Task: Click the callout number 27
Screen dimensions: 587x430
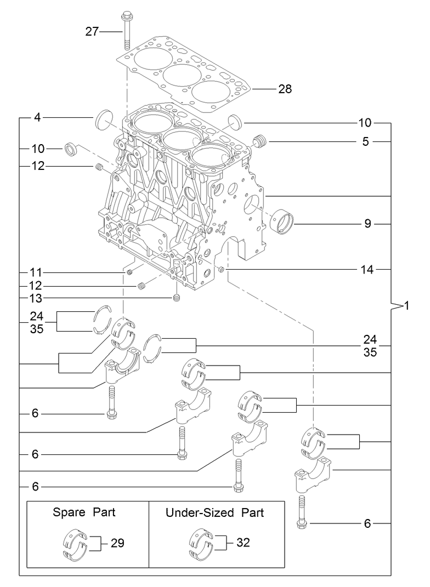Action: (92, 32)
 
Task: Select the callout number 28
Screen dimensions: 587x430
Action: (285, 89)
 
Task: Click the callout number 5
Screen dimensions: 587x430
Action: (365, 141)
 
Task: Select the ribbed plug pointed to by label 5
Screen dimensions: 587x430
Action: (260, 141)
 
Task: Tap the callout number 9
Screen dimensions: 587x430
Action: (367, 224)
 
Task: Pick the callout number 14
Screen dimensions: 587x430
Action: (367, 270)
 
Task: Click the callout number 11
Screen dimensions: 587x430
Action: (36, 272)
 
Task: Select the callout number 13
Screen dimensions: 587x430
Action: (36, 298)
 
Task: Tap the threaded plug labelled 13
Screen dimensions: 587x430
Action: (177, 298)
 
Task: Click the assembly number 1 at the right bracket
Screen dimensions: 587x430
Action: (406, 305)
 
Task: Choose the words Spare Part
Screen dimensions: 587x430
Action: (84, 513)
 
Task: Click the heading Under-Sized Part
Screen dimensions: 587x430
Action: (214, 513)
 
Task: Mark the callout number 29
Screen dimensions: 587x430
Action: (117, 543)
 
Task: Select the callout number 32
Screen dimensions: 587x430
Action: (244, 543)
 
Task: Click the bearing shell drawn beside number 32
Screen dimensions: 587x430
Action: (201, 544)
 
